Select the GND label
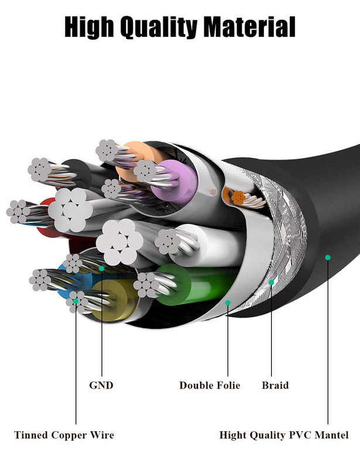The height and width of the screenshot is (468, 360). [101, 385]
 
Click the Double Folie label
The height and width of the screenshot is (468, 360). [210, 385]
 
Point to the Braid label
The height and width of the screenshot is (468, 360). [275, 385]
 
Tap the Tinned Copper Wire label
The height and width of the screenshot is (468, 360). [64, 435]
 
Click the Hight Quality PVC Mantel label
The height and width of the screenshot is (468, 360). [284, 435]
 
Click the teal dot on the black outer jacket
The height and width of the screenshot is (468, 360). [328, 257]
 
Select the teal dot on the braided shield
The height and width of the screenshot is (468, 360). [271, 283]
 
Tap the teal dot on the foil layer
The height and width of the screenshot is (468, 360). [228, 303]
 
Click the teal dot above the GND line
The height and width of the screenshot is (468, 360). [102, 269]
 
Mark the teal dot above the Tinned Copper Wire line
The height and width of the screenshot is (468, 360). [76, 301]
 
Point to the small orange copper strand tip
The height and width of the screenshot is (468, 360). [238, 198]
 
